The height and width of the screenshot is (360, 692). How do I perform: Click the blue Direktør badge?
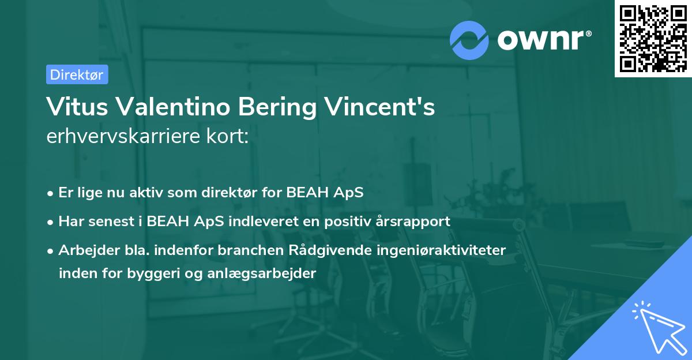click(77, 74)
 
